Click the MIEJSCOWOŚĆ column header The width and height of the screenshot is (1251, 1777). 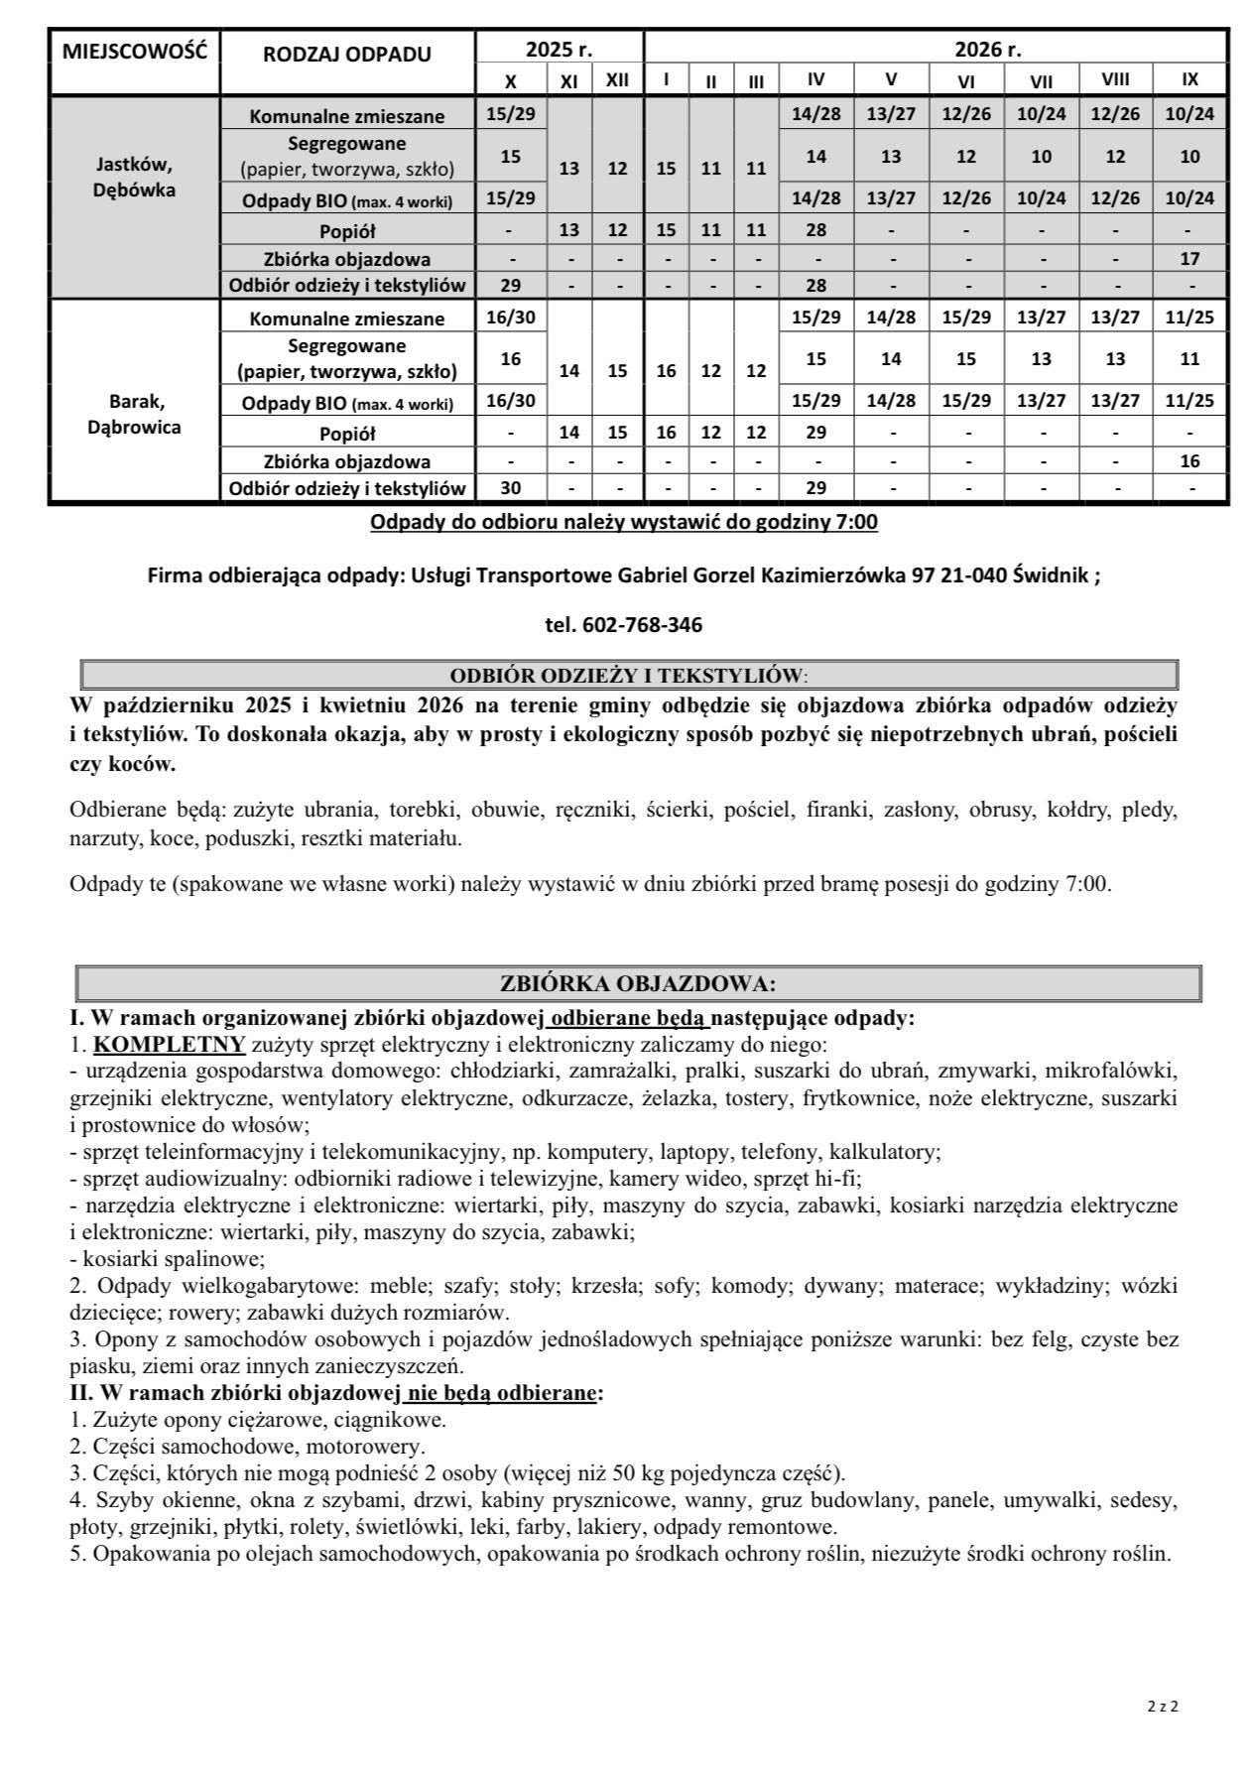click(134, 51)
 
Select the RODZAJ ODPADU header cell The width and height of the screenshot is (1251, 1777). click(347, 54)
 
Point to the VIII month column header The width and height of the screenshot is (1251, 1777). click(1115, 79)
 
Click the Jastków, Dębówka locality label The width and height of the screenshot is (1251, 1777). click(134, 177)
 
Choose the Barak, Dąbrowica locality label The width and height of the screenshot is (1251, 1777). click(134, 415)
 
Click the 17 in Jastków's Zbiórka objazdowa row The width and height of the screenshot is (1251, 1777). click(1189, 259)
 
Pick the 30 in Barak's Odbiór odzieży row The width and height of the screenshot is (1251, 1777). click(510, 488)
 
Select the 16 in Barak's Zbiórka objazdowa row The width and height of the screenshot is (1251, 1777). click(1189, 461)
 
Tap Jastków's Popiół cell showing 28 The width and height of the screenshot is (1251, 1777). click(815, 231)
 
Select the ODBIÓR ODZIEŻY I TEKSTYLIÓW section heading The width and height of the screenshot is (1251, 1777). click(627, 676)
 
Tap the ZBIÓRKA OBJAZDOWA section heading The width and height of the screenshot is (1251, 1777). click(638, 983)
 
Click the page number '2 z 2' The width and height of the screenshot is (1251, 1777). click(1162, 1707)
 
